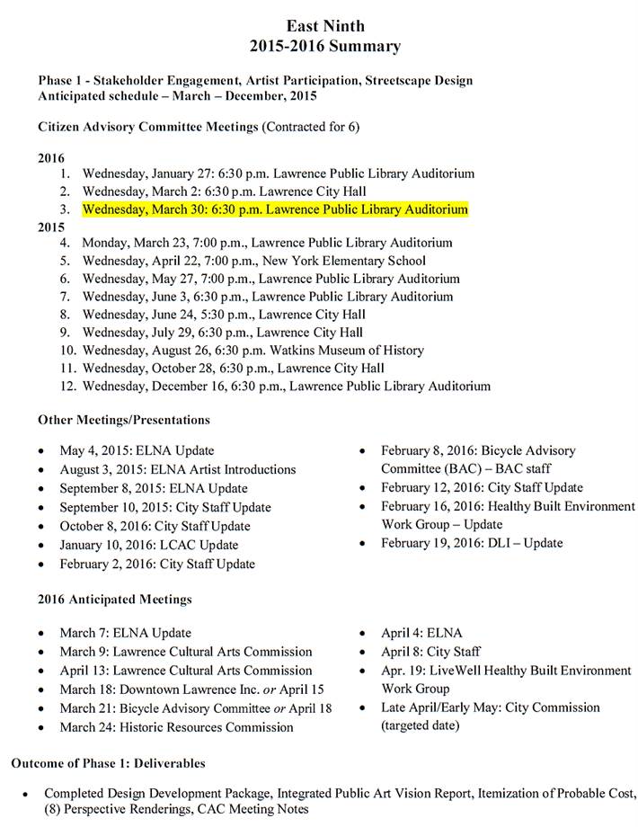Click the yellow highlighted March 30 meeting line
(275, 209)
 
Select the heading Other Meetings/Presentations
(124, 420)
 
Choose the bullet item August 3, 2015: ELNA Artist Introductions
(177, 469)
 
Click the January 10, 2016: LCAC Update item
(148, 545)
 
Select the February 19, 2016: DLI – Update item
(471, 543)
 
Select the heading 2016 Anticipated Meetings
(115, 599)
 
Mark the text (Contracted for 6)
(311, 127)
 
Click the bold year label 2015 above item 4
(51, 227)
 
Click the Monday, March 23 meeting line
(267, 243)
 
